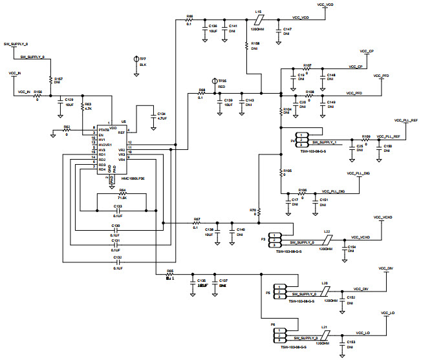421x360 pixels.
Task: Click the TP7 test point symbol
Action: [x=136, y=59]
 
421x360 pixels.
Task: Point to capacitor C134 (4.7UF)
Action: [x=151, y=117]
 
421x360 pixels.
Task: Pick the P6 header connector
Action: [x=279, y=336]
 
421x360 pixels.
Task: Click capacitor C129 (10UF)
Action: [x=60, y=102]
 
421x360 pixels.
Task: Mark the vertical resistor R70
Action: [x=259, y=211]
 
